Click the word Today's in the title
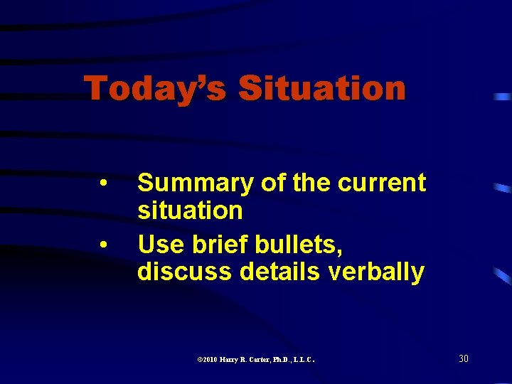[x=155, y=90]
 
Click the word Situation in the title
[x=322, y=90]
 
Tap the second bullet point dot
[x=105, y=244]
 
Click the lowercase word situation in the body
[x=190, y=210]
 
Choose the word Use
[x=159, y=244]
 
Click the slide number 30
[x=463, y=358]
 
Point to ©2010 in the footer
[x=209, y=360]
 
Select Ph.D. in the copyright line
[x=287, y=360]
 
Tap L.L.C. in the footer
[x=308, y=360]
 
